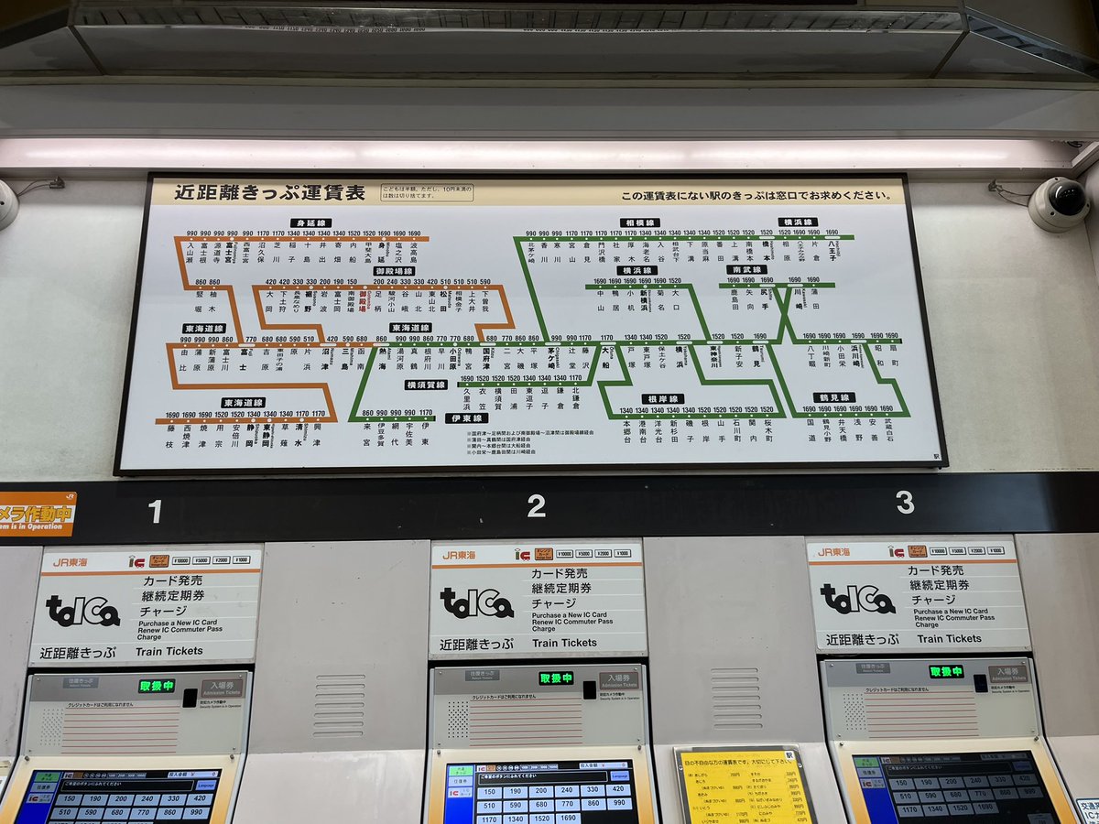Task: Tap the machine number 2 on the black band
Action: click(x=537, y=505)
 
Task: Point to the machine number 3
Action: click(x=905, y=503)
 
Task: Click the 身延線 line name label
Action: click(x=310, y=222)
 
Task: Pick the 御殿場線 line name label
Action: click(x=394, y=271)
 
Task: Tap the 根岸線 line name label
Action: click(x=662, y=399)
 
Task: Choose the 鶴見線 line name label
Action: click(x=834, y=397)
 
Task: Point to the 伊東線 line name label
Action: click(x=467, y=417)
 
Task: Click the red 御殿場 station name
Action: click(x=363, y=301)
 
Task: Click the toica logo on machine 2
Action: click(x=475, y=602)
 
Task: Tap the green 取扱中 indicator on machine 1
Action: click(x=157, y=686)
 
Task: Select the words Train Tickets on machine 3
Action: click(x=949, y=639)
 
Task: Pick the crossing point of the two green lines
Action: click(x=786, y=311)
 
